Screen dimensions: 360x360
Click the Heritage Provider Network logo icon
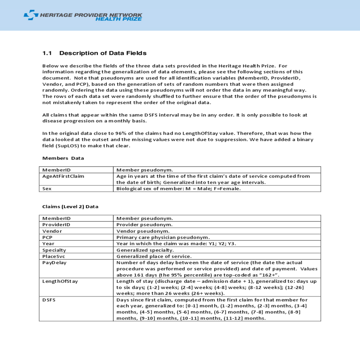coord(31,15)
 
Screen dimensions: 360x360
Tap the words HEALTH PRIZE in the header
coord(118,19)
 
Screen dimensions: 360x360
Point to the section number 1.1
coord(47,53)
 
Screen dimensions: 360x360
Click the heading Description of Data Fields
coord(103,53)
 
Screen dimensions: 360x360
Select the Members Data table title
coord(63,158)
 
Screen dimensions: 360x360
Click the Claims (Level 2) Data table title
coord(70,207)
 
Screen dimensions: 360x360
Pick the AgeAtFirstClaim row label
coord(63,176)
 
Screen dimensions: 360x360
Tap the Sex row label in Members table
coord(47,189)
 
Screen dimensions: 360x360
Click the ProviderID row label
coord(56,225)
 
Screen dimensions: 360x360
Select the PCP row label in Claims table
coord(47,237)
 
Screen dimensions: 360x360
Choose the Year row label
coord(48,244)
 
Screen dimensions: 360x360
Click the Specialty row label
coord(54,250)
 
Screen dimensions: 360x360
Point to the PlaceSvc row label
coord(54,256)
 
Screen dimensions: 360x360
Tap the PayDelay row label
coord(54,263)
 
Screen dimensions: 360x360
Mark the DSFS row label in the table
coord(49,300)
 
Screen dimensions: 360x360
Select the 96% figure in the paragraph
coord(120,133)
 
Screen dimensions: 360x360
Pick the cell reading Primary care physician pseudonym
coord(163,237)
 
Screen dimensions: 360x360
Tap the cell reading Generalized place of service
coord(154,256)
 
